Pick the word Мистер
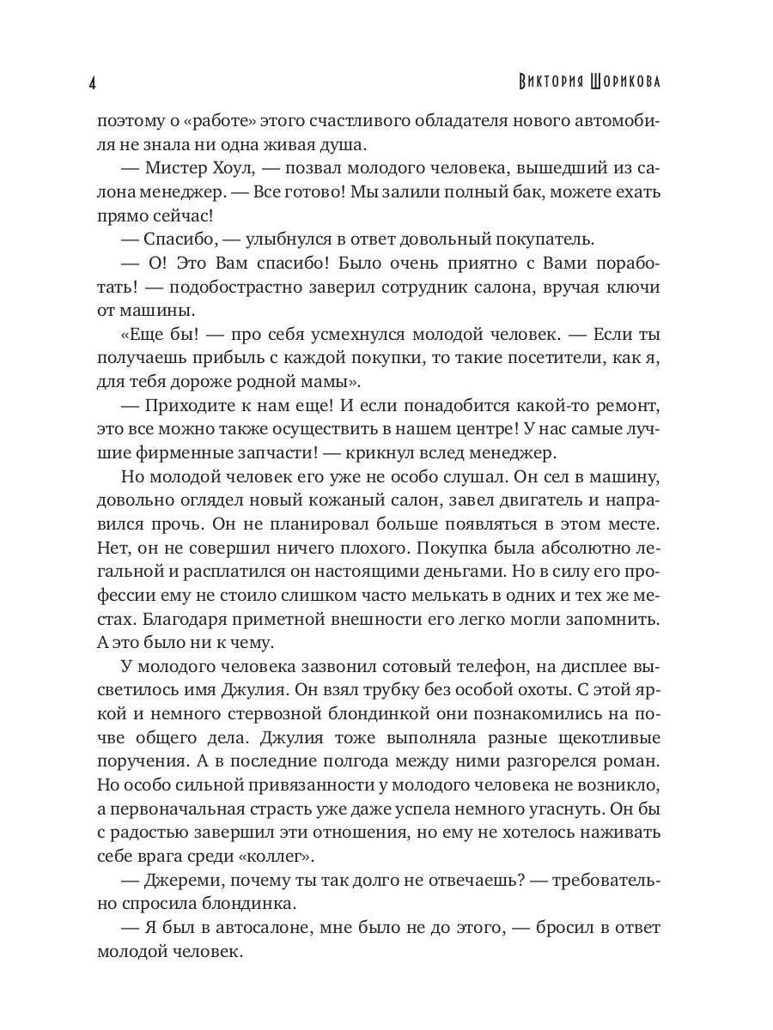[x=176, y=168]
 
